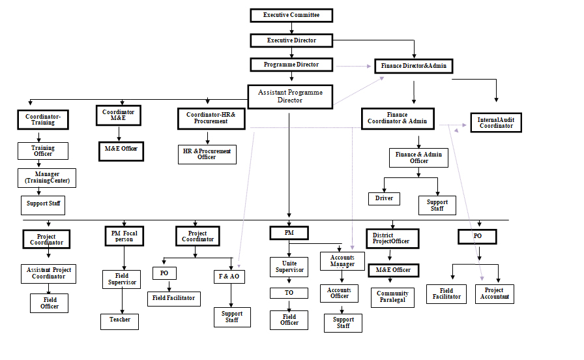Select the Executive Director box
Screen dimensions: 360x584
pyautogui.click(x=291, y=40)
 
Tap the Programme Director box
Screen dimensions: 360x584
pyautogui.click(x=291, y=65)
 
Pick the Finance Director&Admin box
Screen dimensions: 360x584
pyautogui.click(x=413, y=66)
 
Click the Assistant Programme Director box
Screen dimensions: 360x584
pyautogui.click(x=290, y=97)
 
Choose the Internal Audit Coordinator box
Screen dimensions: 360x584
pyautogui.click(x=496, y=123)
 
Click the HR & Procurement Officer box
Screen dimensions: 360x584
pyautogui.click(x=207, y=154)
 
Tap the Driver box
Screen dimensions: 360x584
pyautogui.click(x=384, y=198)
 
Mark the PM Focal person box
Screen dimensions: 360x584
pyautogui.click(x=123, y=235)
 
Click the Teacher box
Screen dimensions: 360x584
pyautogui.click(x=119, y=320)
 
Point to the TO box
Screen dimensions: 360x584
pyautogui.click(x=289, y=293)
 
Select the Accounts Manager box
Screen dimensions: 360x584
pyautogui.click(x=342, y=261)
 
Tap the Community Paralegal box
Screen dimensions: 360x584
pyautogui.click(x=392, y=297)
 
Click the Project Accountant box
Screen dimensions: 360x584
pyautogui.click(x=494, y=294)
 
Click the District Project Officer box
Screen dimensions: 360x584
pyautogui.click(x=392, y=239)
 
